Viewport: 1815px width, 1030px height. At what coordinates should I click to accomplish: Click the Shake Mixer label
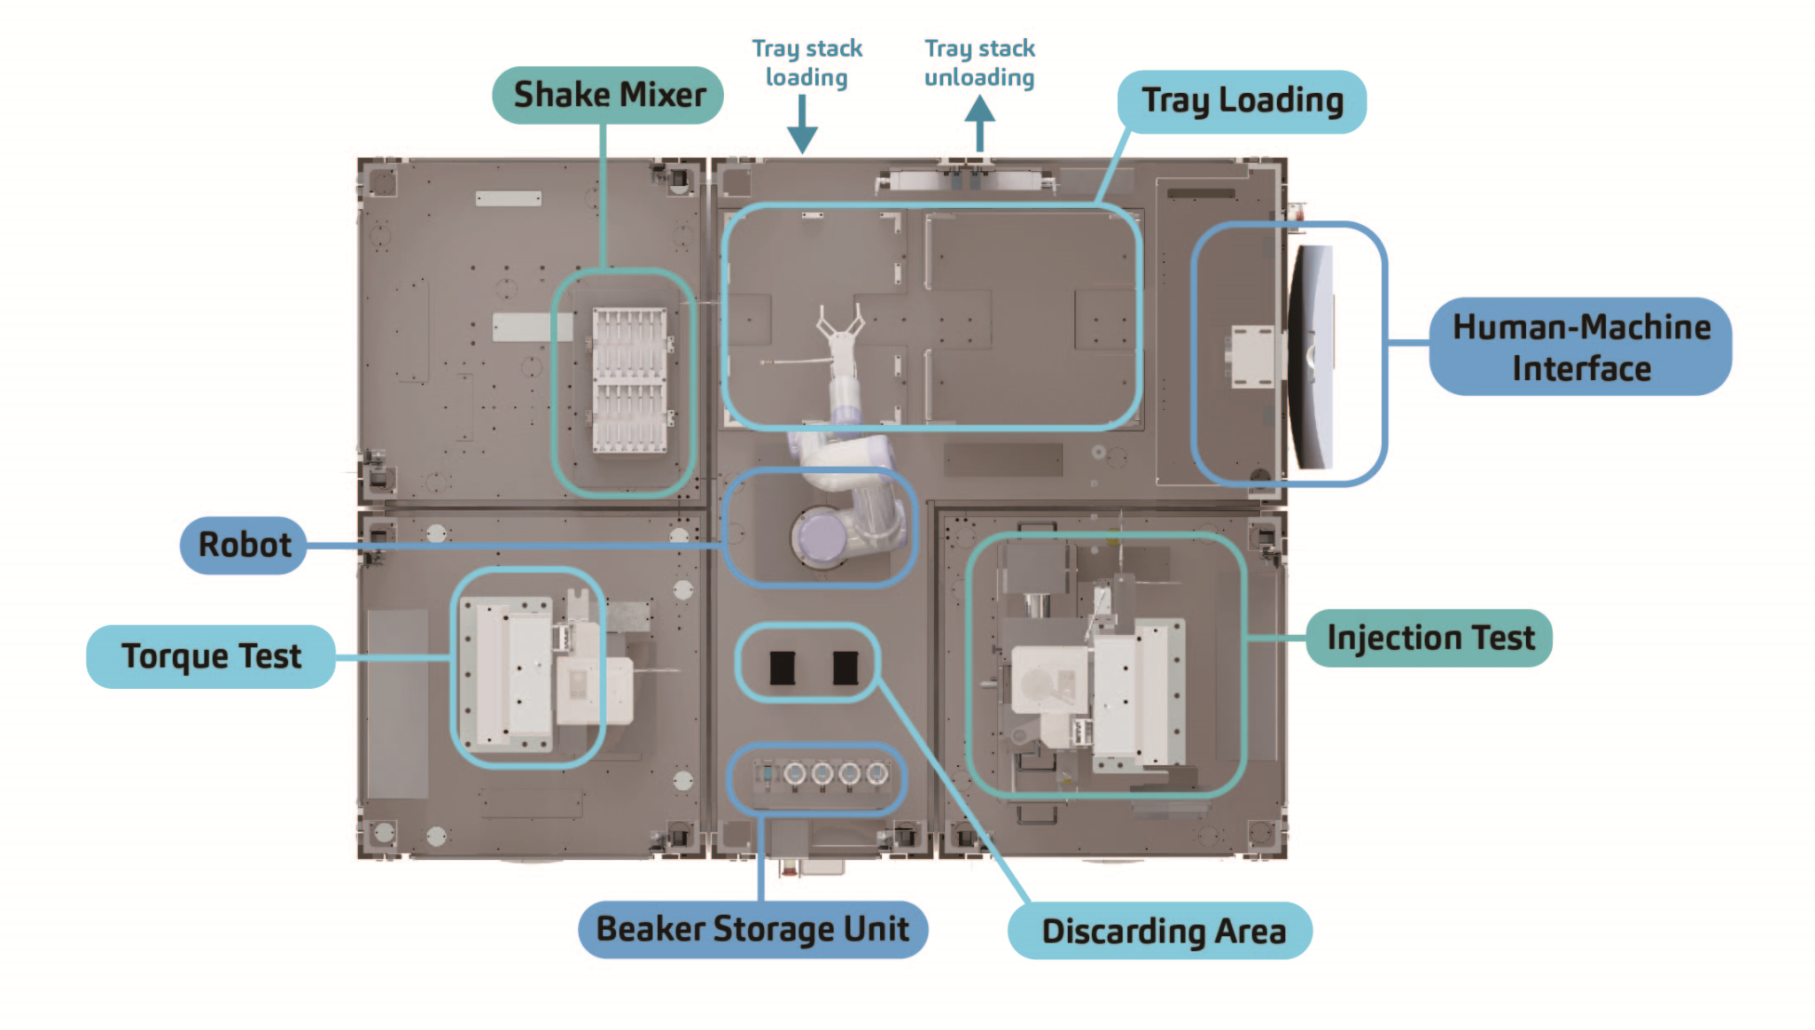[x=608, y=95]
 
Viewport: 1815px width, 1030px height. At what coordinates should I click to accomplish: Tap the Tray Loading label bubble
[x=1241, y=101]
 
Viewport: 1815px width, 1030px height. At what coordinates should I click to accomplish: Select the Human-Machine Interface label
[x=1580, y=347]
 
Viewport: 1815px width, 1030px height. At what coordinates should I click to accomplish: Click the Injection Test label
[x=1429, y=638]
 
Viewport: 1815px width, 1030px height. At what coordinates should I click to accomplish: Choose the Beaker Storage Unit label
[x=752, y=929]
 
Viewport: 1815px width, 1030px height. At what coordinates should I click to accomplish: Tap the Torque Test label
[x=211, y=656]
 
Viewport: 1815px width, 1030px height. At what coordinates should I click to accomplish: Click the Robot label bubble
[x=244, y=545]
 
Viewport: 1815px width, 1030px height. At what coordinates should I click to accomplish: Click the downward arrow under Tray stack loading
[x=802, y=124]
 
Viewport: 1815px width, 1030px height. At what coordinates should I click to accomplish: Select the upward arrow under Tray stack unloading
[x=979, y=123]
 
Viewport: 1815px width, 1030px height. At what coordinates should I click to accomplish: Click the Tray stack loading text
[x=806, y=62]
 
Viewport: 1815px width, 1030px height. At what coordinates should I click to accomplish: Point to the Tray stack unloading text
[x=979, y=62]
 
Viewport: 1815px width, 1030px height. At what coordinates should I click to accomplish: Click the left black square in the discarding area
[x=782, y=668]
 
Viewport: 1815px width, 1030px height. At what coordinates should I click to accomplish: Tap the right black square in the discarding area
[x=845, y=668]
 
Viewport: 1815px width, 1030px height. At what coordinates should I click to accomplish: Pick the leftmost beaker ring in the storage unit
[x=795, y=774]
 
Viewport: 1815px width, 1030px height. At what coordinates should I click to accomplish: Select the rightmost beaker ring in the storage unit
[x=876, y=774]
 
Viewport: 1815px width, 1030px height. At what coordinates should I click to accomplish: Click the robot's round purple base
[x=821, y=536]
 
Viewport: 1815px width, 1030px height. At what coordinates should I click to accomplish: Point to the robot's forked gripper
[x=839, y=324]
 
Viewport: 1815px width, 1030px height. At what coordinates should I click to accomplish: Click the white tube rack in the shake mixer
[x=629, y=381]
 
